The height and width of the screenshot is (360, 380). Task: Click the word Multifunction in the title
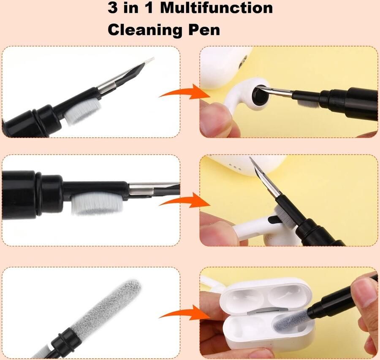click(x=217, y=8)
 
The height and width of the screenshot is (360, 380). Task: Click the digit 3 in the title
click(x=113, y=8)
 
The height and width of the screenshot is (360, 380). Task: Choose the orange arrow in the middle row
click(x=185, y=200)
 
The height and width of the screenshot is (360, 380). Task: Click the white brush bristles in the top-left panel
click(x=83, y=111)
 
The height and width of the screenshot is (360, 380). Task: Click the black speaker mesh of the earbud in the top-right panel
click(x=259, y=93)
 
